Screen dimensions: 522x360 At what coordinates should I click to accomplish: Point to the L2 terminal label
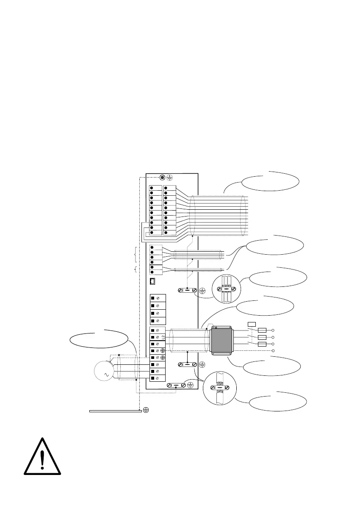pyautogui.click(x=163, y=337)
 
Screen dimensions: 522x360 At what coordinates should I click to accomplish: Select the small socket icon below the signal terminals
pyautogui.click(x=153, y=281)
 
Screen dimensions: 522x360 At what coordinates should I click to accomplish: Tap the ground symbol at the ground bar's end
pyautogui.click(x=146, y=410)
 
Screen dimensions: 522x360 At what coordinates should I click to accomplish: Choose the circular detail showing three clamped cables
pyautogui.click(x=227, y=289)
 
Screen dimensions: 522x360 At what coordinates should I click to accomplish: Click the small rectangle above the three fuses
pyautogui.click(x=252, y=324)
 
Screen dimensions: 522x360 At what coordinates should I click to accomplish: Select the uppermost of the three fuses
pyautogui.click(x=262, y=330)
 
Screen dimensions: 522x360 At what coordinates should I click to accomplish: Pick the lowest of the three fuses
pyautogui.click(x=262, y=344)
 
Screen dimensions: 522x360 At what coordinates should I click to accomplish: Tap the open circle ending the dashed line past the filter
pyautogui.click(x=274, y=351)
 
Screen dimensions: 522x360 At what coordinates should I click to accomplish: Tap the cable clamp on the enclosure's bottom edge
pyautogui.click(x=175, y=385)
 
